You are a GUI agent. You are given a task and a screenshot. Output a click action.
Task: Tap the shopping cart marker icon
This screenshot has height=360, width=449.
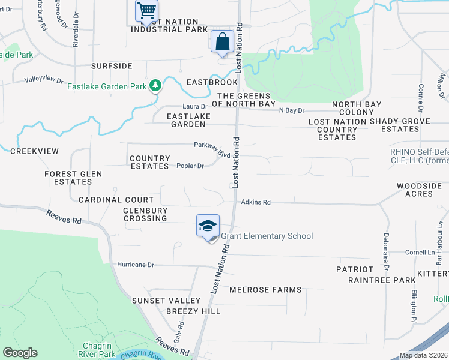click(x=145, y=11)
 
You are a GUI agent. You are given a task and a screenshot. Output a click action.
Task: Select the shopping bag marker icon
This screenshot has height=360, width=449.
click(x=222, y=41)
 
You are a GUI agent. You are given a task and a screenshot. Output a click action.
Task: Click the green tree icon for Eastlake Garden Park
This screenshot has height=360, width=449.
click(x=155, y=86)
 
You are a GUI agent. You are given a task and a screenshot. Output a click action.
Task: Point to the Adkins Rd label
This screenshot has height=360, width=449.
click(x=256, y=203)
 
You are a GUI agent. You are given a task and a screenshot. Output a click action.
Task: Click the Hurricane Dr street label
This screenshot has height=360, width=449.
click(x=136, y=265)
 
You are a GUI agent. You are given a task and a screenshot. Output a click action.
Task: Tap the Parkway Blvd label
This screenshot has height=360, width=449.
click(x=212, y=149)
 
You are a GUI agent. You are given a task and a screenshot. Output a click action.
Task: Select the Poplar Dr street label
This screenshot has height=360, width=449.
click(x=190, y=166)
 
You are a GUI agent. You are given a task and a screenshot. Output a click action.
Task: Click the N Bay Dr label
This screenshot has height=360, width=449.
click(x=292, y=111)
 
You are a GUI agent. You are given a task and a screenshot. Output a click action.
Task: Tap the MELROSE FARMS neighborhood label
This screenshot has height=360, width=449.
click(x=265, y=290)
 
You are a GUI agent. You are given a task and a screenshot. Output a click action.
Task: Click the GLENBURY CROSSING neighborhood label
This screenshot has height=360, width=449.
click(x=145, y=214)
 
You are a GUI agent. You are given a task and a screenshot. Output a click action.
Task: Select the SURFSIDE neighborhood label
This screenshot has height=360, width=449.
click(x=111, y=66)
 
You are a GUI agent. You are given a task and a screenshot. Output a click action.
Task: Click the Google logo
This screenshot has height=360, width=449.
click(x=20, y=353)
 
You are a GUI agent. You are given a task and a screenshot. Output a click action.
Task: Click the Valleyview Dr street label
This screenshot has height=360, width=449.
click(x=43, y=80)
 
